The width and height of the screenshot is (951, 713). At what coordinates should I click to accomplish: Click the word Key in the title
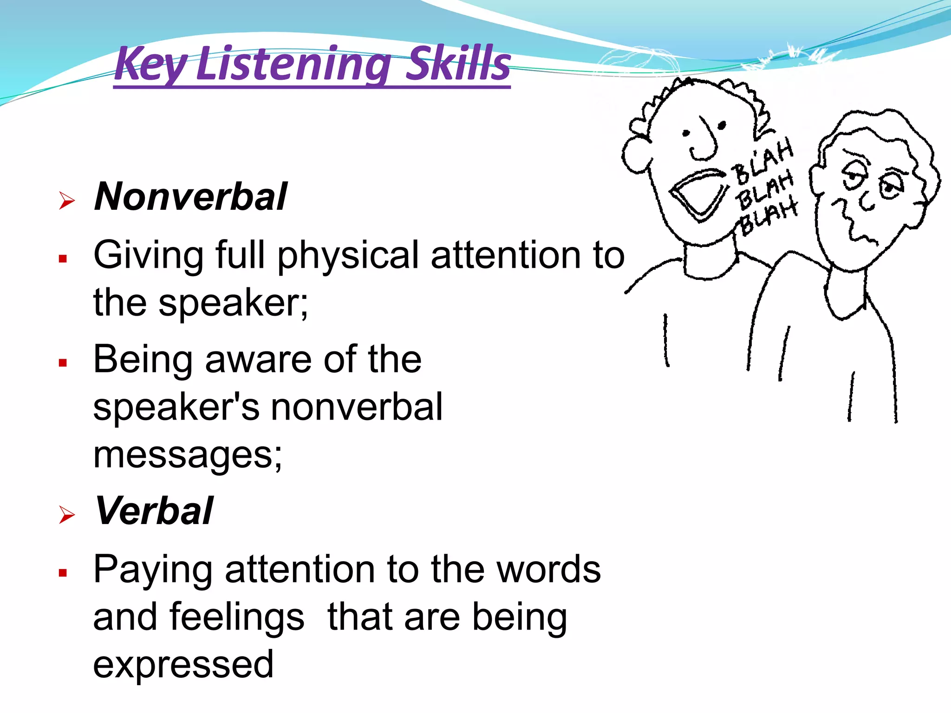coord(150,64)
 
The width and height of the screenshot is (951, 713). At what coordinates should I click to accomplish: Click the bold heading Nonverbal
coord(190,197)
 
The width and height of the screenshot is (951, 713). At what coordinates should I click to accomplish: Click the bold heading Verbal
coord(154,511)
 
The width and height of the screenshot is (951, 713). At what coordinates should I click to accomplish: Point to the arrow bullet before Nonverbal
coord(67,201)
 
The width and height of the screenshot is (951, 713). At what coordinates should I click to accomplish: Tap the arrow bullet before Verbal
coord(67,515)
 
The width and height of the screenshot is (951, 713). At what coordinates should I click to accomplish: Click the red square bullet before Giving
coord(63,259)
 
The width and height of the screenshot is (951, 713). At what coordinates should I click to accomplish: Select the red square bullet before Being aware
coord(63,363)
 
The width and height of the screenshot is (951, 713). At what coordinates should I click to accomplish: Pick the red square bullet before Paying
coord(63,573)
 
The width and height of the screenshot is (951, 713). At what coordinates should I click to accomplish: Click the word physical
coord(349,256)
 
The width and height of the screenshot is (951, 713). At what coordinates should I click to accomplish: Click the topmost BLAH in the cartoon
coord(764,160)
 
